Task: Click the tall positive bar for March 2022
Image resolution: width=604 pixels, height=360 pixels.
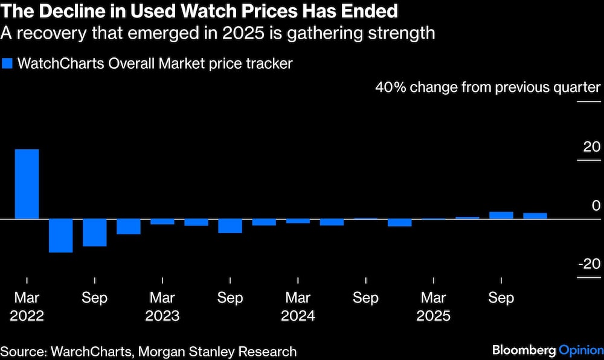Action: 27,184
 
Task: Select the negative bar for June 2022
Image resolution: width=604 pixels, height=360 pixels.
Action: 60,236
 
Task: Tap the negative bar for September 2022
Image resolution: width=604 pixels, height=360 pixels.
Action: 94,233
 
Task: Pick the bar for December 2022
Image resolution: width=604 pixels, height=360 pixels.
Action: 128,227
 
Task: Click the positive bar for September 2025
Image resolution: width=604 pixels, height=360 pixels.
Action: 501,215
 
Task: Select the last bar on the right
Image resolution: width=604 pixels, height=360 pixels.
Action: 535,216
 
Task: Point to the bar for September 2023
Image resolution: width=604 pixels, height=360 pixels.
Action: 230,226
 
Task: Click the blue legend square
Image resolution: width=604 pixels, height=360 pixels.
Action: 7,64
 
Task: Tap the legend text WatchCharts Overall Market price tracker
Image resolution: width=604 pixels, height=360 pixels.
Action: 155,64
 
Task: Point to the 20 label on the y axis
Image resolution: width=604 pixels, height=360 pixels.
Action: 592,147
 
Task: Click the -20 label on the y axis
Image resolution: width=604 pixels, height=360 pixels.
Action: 589,264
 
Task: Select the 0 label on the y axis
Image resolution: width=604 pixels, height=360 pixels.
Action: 596,205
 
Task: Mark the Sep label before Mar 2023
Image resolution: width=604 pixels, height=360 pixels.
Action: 94,298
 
